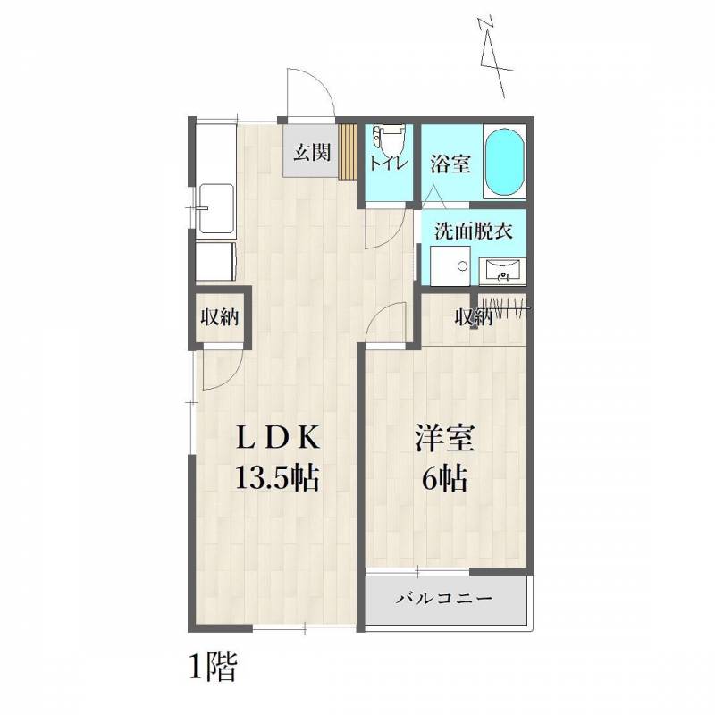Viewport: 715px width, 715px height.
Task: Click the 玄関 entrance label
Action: tap(312, 152)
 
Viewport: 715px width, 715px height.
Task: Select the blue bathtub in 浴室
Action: tap(503, 162)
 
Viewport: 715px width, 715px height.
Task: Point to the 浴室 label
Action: tap(450, 164)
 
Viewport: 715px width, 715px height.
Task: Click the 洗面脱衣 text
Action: tap(474, 231)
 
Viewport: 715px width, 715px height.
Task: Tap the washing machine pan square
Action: tap(450, 266)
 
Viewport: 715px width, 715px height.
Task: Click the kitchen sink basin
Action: tap(216, 208)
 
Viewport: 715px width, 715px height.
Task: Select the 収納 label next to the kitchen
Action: tap(220, 317)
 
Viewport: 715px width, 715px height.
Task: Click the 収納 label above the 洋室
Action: tap(474, 317)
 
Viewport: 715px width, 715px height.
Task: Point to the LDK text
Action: tap(277, 438)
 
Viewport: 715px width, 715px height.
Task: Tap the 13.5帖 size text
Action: tap(277, 478)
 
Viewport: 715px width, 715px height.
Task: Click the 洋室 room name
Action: tap(444, 438)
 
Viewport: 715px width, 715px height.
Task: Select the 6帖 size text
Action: tap(444, 479)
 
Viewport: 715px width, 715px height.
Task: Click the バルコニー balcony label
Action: tap(444, 598)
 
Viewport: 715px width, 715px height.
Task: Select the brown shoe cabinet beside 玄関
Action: tap(348, 151)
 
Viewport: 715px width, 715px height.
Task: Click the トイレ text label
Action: tap(388, 164)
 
